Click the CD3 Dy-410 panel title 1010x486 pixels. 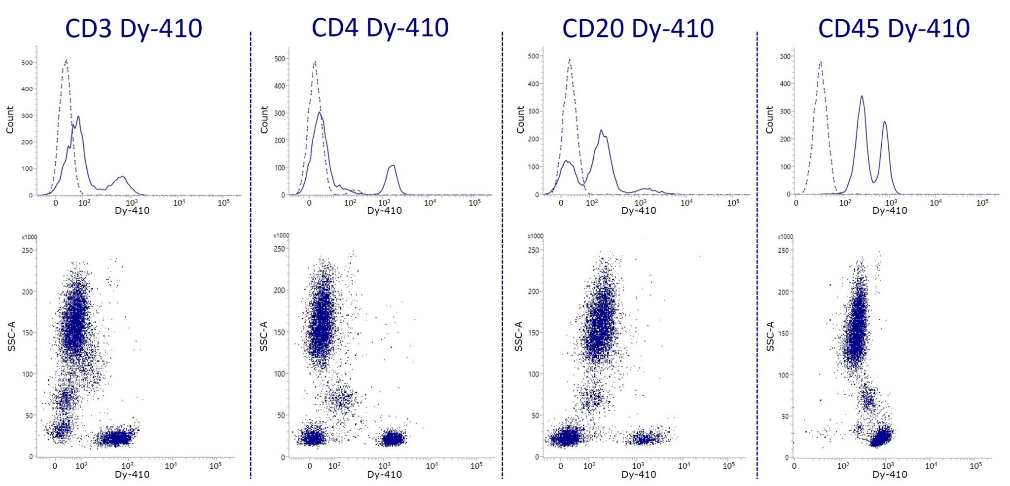pyautogui.click(x=134, y=28)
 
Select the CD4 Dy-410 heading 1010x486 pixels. pyautogui.click(x=380, y=27)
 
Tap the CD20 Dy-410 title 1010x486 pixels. pyautogui.click(x=638, y=28)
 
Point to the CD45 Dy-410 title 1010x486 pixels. pyautogui.click(x=894, y=28)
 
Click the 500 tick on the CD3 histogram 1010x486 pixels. pyautogui.click(x=27, y=63)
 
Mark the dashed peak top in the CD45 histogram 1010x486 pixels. pyautogui.click(x=820, y=62)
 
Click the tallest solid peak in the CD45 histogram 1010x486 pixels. pyautogui.click(x=862, y=97)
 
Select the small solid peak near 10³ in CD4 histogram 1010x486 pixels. pyautogui.click(x=392, y=166)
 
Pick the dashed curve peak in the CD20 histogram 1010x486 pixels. pyautogui.click(x=570, y=60)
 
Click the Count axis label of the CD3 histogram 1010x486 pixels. pyautogui.click(x=10, y=119)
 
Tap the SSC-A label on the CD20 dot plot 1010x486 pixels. pyautogui.click(x=518, y=336)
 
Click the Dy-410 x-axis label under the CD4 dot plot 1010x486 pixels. pyautogui.click(x=384, y=474)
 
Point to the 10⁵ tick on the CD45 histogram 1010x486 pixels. pyautogui.click(x=982, y=202)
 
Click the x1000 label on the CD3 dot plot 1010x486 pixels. pyautogui.click(x=29, y=237)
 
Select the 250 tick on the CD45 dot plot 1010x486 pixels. pyautogui.click(x=783, y=250)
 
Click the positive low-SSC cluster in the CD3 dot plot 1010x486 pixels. pyautogui.click(x=117, y=438)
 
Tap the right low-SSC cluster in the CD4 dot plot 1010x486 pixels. pyautogui.click(x=393, y=438)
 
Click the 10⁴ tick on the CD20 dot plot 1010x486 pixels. pyautogui.click(x=684, y=465)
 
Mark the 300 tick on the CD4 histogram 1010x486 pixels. pyautogui.click(x=280, y=113)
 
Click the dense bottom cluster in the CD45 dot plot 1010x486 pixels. pyautogui.click(x=880, y=437)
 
